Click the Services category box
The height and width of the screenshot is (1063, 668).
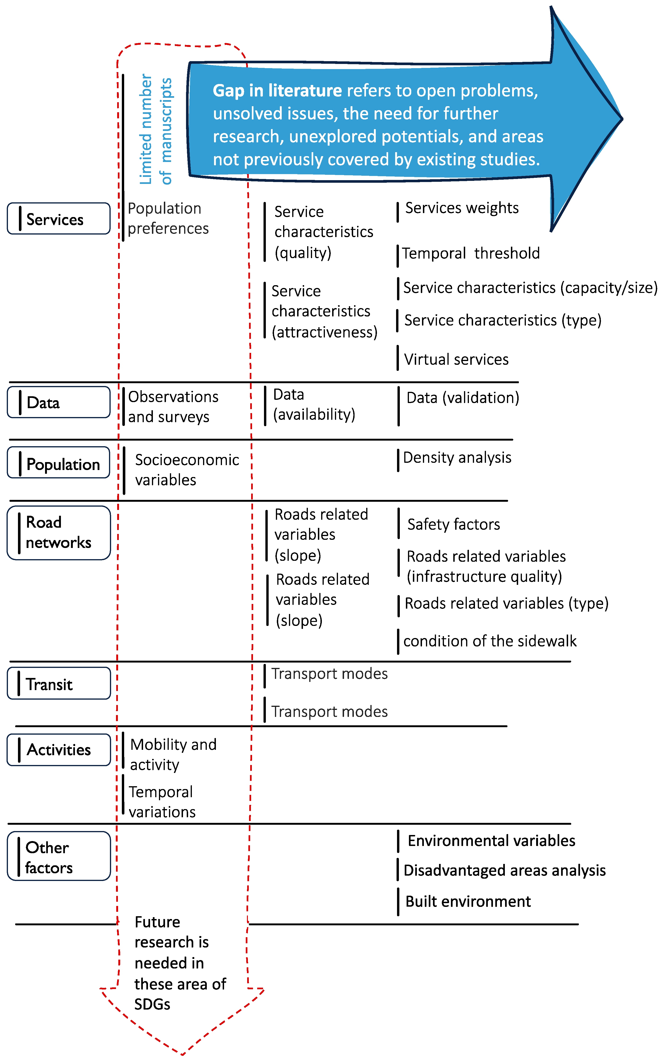(58, 218)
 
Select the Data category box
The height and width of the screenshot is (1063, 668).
(58, 402)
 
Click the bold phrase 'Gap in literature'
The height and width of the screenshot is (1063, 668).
(277, 91)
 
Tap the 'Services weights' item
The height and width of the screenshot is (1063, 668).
(461, 208)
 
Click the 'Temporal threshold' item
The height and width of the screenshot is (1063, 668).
(470, 253)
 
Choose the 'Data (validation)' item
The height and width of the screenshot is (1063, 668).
(462, 398)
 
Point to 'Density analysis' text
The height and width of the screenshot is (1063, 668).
(457, 458)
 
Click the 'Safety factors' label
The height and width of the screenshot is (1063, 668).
(454, 524)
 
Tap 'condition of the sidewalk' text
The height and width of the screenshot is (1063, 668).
(490, 641)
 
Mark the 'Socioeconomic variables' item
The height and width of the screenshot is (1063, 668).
(187, 470)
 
